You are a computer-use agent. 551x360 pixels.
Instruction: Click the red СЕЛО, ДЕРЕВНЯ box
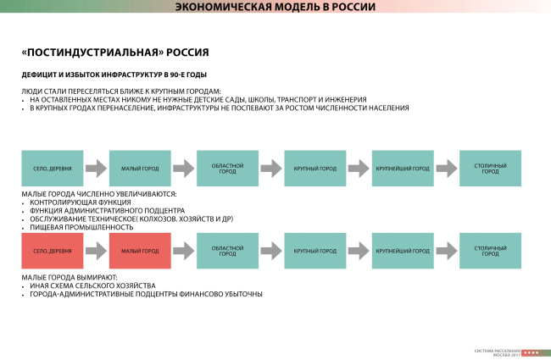53,252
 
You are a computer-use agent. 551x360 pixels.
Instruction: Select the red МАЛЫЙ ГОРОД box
140,252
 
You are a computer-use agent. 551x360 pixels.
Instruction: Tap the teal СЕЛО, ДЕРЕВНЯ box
53,169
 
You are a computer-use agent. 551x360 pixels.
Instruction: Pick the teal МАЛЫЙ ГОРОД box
140,169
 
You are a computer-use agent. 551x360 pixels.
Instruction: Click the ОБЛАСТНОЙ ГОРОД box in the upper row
227,169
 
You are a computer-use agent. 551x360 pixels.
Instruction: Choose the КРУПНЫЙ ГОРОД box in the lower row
314,252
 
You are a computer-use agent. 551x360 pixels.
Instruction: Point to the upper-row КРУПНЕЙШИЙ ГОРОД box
403,169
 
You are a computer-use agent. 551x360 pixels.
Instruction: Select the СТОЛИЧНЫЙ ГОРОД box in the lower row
490,252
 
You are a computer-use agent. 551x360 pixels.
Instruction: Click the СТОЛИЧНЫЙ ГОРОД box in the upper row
490,169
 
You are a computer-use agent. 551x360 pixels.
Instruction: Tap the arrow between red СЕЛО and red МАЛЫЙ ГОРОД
96,252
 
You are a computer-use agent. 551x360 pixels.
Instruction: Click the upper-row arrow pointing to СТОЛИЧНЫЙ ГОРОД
446,169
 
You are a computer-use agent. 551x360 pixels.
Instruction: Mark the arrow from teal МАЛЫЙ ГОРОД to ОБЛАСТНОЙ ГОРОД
183,169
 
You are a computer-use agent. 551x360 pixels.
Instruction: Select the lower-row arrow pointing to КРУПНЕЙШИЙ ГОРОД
359,252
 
